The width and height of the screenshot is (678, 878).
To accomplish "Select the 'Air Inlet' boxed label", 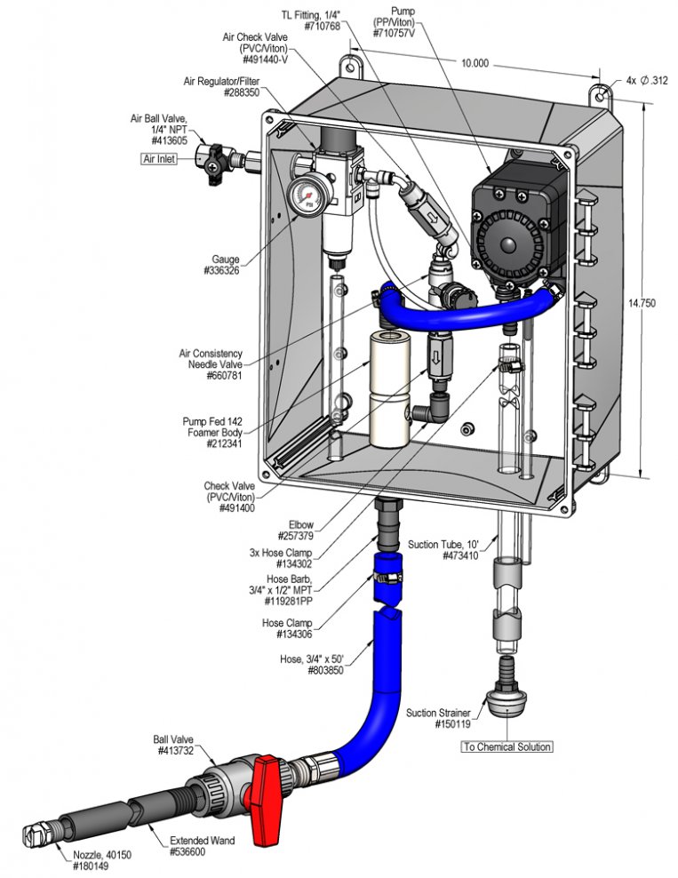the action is (x=159, y=159).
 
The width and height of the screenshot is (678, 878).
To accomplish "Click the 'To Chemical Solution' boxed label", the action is (x=507, y=746).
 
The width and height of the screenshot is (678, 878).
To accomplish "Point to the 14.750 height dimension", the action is (x=642, y=303).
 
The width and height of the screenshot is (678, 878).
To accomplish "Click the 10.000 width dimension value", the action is (x=475, y=63).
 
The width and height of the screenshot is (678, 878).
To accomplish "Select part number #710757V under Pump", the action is (x=395, y=34).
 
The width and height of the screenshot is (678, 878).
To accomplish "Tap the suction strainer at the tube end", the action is (x=507, y=687).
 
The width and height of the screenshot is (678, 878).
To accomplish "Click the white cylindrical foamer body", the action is (x=389, y=388).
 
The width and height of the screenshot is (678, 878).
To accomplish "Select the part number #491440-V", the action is (x=266, y=60).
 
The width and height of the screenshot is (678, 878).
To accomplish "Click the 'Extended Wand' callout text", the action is (x=202, y=841).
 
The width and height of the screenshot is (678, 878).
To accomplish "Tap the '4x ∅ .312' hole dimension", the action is (x=647, y=81).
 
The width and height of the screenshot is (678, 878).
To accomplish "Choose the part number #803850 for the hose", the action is (x=325, y=670).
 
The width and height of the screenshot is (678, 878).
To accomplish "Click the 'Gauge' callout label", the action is (x=225, y=259).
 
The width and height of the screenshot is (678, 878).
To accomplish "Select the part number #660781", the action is (x=224, y=376).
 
